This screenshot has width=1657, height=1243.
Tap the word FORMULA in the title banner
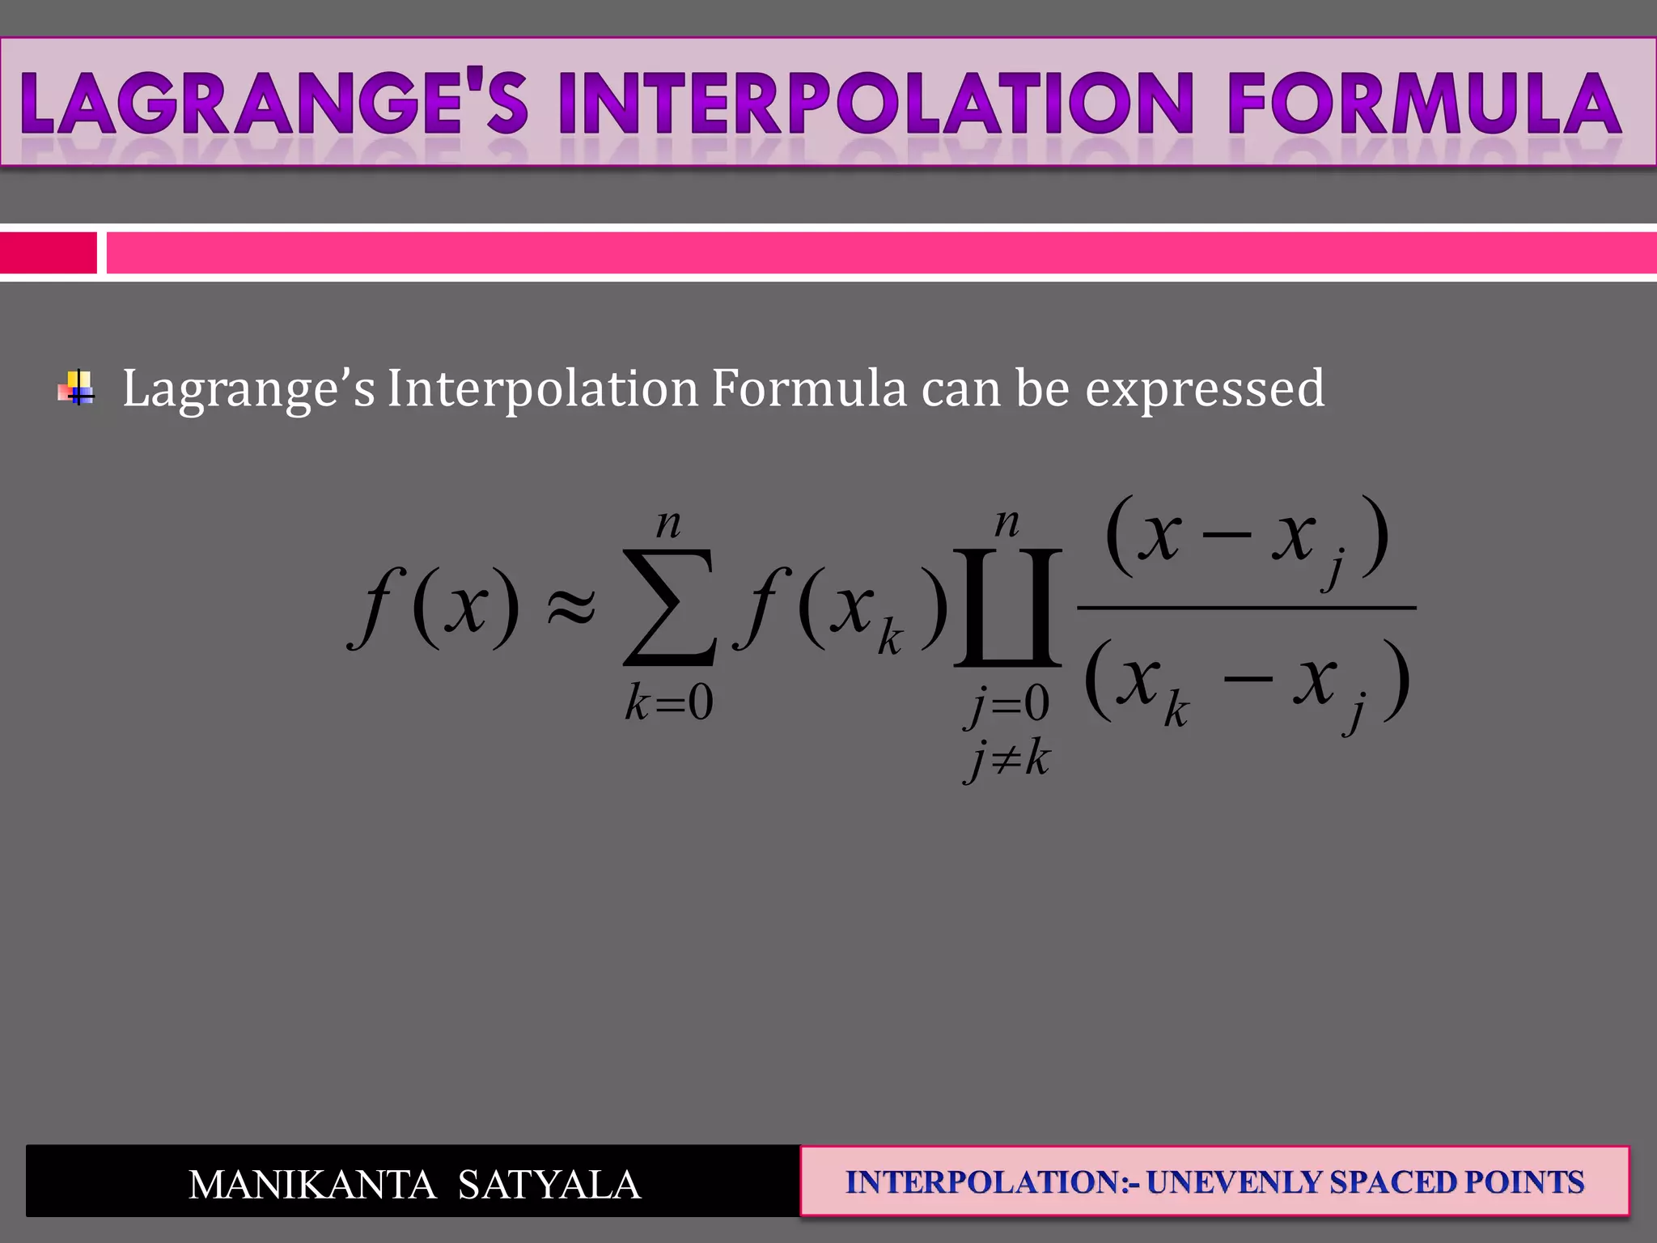[x=1424, y=104]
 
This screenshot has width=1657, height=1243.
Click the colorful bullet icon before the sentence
[x=76, y=388]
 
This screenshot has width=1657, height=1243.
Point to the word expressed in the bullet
[x=1204, y=389]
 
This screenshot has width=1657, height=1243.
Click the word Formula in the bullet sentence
[x=808, y=388]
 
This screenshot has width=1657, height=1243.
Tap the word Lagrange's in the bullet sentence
[x=248, y=389]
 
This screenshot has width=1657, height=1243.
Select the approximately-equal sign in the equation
[x=571, y=605]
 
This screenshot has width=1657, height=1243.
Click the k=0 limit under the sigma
[x=668, y=702]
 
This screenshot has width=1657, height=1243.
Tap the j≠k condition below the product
[x=1007, y=760]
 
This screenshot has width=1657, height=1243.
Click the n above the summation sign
[x=668, y=524]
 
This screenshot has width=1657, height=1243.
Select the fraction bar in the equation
[x=1246, y=607]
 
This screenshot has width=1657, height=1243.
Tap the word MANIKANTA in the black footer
[x=312, y=1185]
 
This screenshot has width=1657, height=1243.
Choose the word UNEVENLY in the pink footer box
[x=1235, y=1182]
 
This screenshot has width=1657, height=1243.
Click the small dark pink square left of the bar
[x=48, y=252]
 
